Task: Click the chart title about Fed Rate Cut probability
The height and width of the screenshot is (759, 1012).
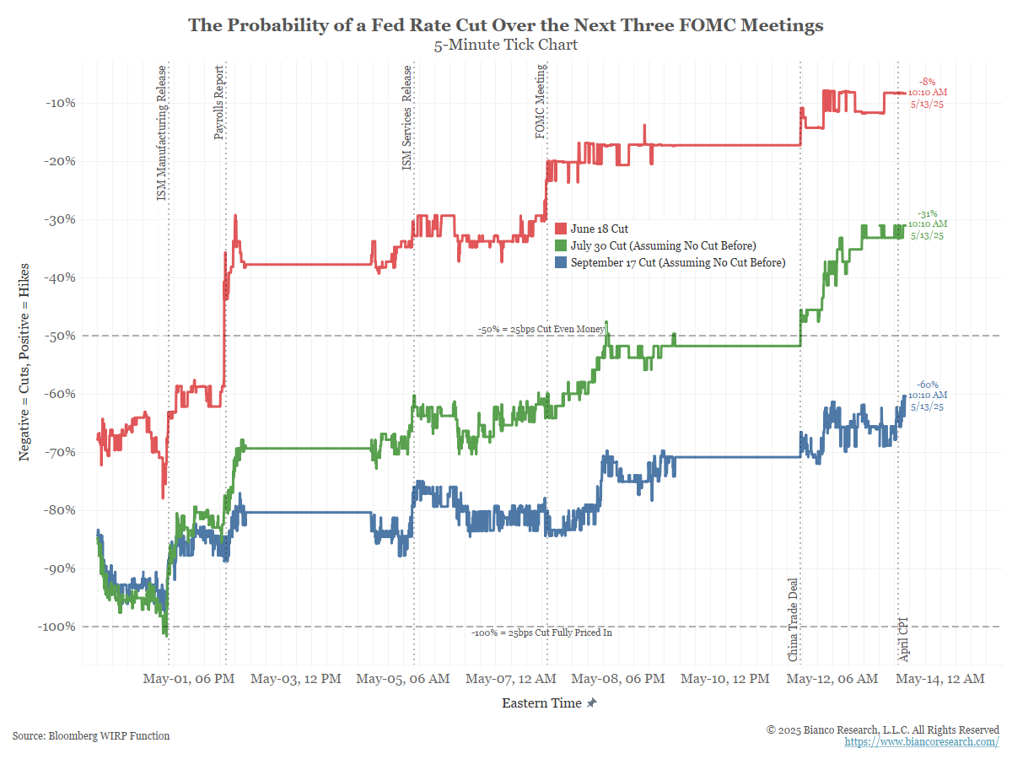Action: [505, 25]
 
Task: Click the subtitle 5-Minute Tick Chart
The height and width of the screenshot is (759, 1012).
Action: [505, 45]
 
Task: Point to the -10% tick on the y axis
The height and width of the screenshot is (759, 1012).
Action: [59, 103]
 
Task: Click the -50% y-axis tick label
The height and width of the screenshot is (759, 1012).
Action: [59, 336]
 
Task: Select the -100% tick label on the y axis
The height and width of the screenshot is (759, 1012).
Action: [56, 627]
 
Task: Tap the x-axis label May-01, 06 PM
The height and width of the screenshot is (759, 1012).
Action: [188, 679]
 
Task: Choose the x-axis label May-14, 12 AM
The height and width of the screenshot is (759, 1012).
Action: [939, 679]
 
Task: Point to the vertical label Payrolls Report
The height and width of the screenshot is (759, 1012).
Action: [219, 103]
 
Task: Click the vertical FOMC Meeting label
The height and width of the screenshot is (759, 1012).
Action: [541, 105]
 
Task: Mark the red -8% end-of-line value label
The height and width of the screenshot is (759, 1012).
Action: [928, 82]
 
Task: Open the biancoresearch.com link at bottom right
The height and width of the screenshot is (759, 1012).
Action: [922, 741]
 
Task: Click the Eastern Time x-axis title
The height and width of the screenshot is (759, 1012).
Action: [541, 703]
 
